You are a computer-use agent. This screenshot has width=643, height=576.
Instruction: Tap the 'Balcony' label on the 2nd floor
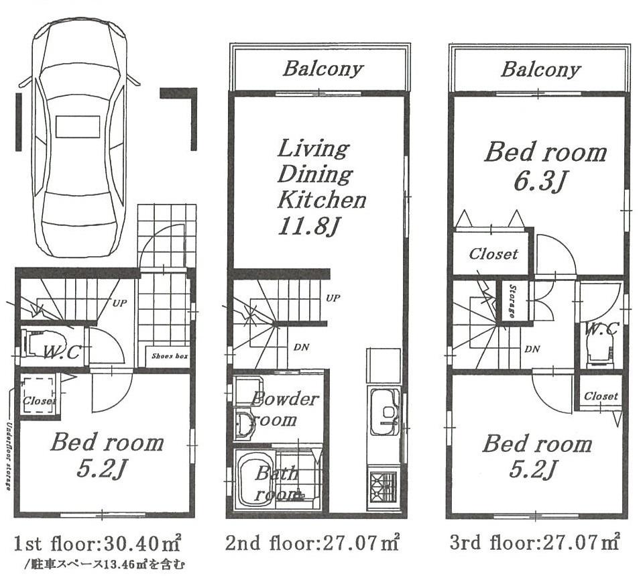(323, 68)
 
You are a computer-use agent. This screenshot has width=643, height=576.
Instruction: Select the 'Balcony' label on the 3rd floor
(540, 69)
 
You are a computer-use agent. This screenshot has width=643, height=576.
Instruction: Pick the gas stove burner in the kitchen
(383, 483)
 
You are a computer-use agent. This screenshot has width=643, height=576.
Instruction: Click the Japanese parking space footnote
(98, 564)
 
